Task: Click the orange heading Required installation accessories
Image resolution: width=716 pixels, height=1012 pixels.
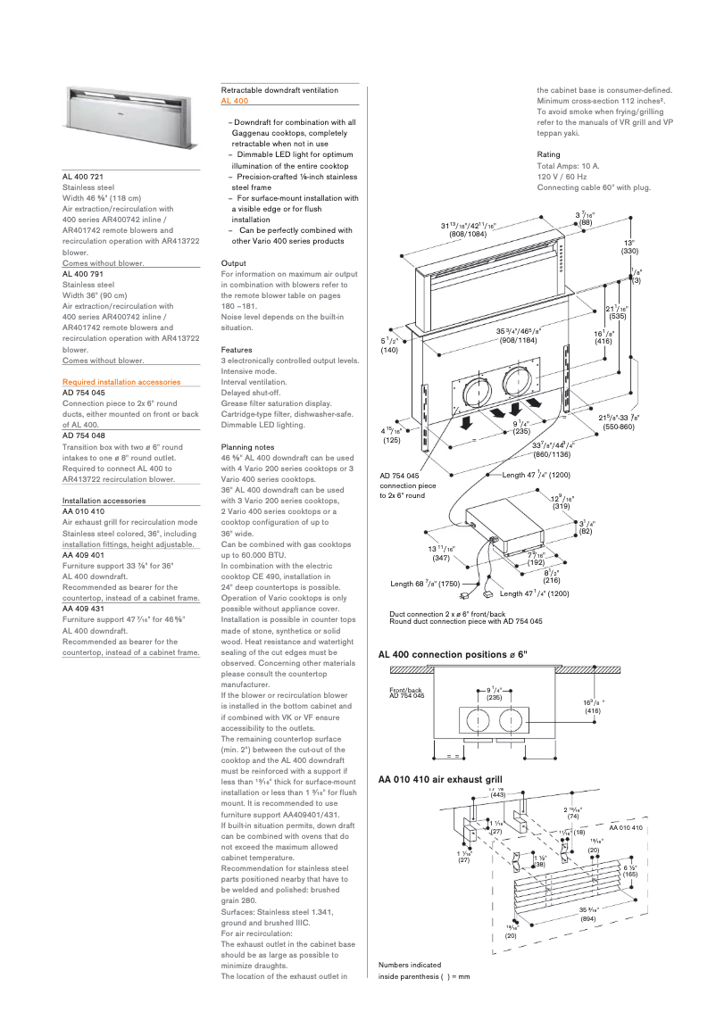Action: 121,382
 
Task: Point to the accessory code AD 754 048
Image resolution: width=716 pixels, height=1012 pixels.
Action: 84,435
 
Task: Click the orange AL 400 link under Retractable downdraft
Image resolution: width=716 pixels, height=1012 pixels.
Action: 235,102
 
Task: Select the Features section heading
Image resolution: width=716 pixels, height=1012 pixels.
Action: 237,350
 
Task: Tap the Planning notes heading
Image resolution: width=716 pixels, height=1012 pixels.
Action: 247,446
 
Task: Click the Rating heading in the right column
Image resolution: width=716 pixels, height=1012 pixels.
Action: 548,154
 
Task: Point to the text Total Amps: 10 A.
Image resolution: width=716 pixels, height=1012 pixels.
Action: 568,166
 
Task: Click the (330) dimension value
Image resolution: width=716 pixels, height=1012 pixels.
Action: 630,252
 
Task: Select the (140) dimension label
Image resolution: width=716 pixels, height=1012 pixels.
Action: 389,351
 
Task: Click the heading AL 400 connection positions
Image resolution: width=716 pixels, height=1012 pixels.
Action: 453,655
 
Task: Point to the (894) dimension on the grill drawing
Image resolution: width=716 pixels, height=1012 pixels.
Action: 587,917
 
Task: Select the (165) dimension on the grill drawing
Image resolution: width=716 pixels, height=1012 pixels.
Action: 630,875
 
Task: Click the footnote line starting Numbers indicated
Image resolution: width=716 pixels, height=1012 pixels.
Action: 409,965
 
